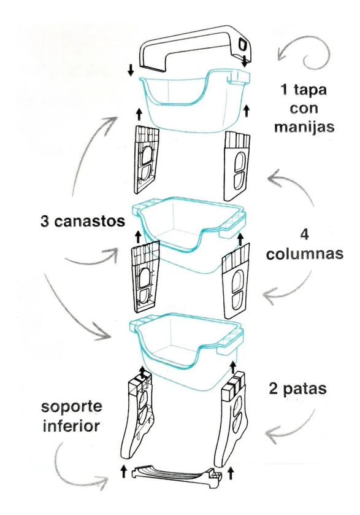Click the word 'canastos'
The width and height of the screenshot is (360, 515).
click(x=90, y=221)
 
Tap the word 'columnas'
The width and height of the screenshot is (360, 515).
click(x=305, y=254)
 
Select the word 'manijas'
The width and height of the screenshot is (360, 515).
click(x=304, y=127)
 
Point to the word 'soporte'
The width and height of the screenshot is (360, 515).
click(x=72, y=407)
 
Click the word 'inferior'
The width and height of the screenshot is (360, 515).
click(x=71, y=427)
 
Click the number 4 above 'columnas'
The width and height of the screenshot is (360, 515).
click(x=305, y=234)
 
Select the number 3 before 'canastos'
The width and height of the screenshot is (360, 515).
click(x=45, y=222)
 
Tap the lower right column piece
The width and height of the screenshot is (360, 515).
click(x=236, y=281)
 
